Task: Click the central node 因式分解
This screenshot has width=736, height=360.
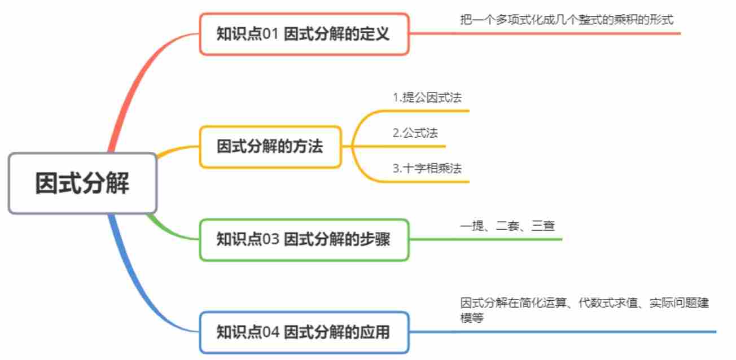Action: pyautogui.click(x=82, y=183)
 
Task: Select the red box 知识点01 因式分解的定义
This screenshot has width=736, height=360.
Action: pyautogui.click(x=304, y=34)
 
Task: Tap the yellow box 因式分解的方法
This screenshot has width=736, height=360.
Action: pyautogui.click(x=270, y=147)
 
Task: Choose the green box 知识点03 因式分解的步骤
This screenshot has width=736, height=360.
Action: pyautogui.click(x=304, y=239)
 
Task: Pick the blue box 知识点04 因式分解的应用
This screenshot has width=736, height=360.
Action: pyautogui.click(x=304, y=332)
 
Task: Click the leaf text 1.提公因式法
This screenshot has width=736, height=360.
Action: pyautogui.click(x=427, y=98)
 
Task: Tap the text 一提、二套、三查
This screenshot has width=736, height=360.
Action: pyautogui.click(x=507, y=226)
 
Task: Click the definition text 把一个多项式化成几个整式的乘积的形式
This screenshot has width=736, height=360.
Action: pyautogui.click(x=567, y=19)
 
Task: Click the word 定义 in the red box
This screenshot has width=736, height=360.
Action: pyautogui.click(x=376, y=34)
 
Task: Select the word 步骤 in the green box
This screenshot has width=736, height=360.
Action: pyautogui.click(x=376, y=239)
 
